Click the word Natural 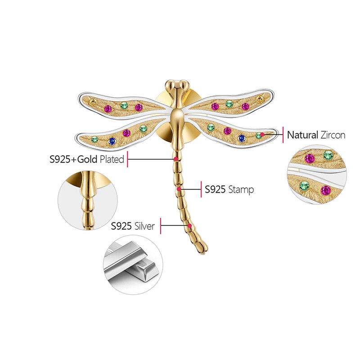[303, 135]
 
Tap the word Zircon [333, 135]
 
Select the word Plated [112, 159]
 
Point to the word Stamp [241, 189]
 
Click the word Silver [144, 226]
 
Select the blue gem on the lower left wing [112, 141]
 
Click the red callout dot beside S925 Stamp [179, 189]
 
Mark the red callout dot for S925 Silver [190, 226]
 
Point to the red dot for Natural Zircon [262, 134]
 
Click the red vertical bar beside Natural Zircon [283, 135]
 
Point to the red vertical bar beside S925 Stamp [201, 189]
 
